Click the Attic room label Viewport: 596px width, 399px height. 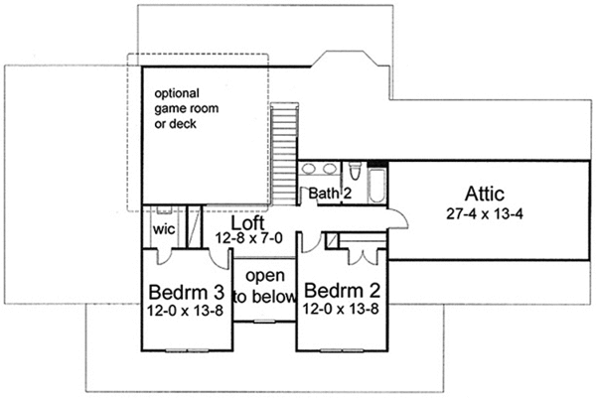[485, 194]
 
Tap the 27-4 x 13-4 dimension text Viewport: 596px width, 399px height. [485, 214]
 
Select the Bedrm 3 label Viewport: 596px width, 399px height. [187, 293]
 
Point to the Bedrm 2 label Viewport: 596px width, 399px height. [342, 291]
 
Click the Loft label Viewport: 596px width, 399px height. [247, 223]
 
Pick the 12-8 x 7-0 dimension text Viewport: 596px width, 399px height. [249, 238]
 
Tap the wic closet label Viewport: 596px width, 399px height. [164, 229]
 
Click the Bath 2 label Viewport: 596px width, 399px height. [330, 194]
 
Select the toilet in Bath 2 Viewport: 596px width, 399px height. [355, 171]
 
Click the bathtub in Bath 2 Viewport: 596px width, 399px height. [377, 186]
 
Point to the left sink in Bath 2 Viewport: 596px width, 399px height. [309, 168]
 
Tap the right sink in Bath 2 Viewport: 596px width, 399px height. [329, 168]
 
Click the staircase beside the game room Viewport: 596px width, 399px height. [284, 155]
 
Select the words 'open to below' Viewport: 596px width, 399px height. [264, 286]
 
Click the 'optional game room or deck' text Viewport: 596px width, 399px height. [187, 108]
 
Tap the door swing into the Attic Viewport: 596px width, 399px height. [398, 219]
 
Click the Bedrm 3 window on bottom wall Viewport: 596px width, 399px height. [187, 350]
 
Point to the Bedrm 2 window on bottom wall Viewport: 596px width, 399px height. [342, 350]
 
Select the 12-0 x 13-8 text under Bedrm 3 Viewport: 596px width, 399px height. [185, 311]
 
